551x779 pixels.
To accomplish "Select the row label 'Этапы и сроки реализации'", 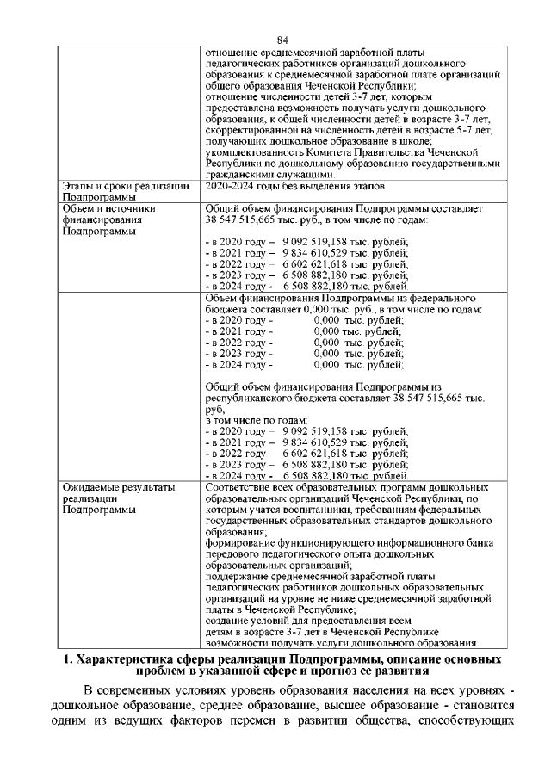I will point(126,185).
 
